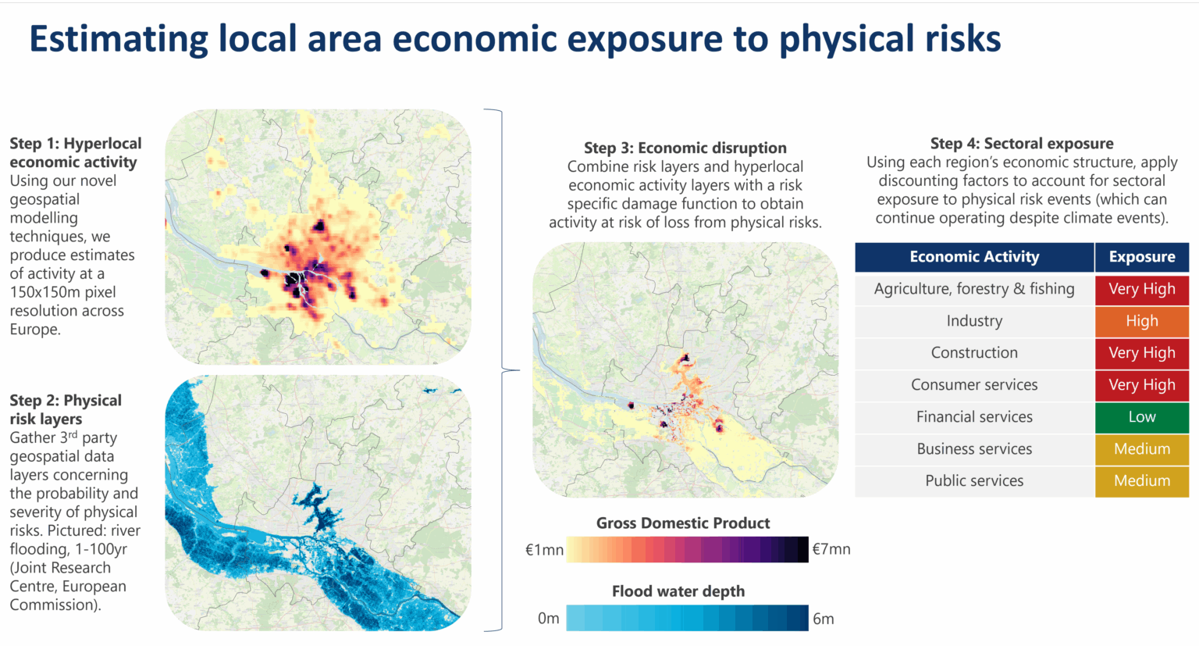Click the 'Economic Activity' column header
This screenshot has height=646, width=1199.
coord(973,257)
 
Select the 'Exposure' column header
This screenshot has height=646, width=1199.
coord(1141,257)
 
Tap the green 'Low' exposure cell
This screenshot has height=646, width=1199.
coord(1141,417)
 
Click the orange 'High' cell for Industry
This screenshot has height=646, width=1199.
coord(1141,321)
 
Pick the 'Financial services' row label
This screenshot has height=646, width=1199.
coord(973,417)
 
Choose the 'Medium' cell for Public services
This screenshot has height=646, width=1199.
coord(1141,481)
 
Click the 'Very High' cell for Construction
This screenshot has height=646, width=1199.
coord(1141,353)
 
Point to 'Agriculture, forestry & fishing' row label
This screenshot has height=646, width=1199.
coord(973,289)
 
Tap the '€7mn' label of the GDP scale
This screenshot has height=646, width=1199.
coord(831,549)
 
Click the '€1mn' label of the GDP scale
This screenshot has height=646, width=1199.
coord(544,550)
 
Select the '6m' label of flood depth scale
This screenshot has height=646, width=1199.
coord(823,619)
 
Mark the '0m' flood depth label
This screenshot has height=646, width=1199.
coord(548,619)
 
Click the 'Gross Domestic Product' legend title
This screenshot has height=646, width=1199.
coord(683,523)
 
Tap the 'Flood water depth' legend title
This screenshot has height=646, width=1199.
coord(678,591)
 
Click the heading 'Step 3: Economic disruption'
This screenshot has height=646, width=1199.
coord(685,148)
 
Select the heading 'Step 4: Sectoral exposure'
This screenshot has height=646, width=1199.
coord(1021,143)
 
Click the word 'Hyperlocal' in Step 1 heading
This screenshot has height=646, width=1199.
coord(102,144)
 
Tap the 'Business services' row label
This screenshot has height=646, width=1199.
coord(973,449)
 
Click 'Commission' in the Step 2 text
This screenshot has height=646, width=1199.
coord(53,605)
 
